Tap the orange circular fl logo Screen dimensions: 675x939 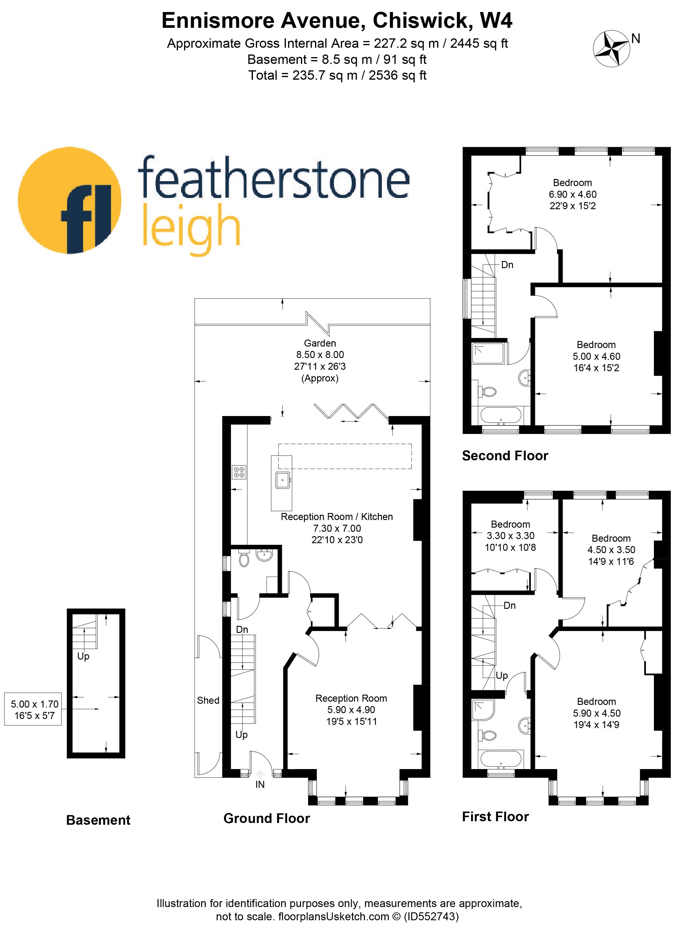pyautogui.click(x=69, y=200)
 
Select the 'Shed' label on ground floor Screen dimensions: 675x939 pyautogui.click(x=208, y=701)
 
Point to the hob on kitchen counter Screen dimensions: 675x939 pyautogui.click(x=239, y=472)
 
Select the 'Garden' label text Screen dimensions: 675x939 pyautogui.click(x=320, y=343)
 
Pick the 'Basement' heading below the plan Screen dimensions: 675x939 pyautogui.click(x=98, y=820)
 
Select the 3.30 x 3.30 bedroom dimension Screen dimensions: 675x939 pyautogui.click(x=510, y=536)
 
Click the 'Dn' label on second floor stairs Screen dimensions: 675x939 pyautogui.click(x=507, y=265)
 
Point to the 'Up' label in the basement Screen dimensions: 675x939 pyautogui.click(x=83, y=656)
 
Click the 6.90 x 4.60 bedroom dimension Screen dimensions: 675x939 pyautogui.click(x=573, y=194)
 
